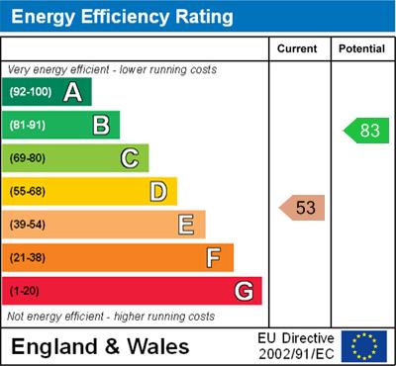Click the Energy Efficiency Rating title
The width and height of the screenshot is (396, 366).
coord(122,17)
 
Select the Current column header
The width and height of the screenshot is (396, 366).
coord(297,48)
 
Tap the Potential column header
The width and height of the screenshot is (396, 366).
coord(361,48)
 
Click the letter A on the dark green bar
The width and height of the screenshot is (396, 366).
coord(72,92)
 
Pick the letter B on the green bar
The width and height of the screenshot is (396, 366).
coord(101,125)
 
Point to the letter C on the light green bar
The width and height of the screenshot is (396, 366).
coord(130,157)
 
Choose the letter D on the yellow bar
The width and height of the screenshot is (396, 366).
coord(158,191)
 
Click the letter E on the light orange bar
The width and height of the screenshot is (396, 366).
coord(185,225)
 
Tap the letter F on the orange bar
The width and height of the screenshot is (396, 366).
coord(213,258)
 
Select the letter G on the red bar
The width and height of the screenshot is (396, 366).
coord(243,292)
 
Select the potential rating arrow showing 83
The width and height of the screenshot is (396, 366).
coord(365,130)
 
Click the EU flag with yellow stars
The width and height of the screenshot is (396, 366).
coord(364,346)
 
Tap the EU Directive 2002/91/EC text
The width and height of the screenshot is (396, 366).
coord(296,346)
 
